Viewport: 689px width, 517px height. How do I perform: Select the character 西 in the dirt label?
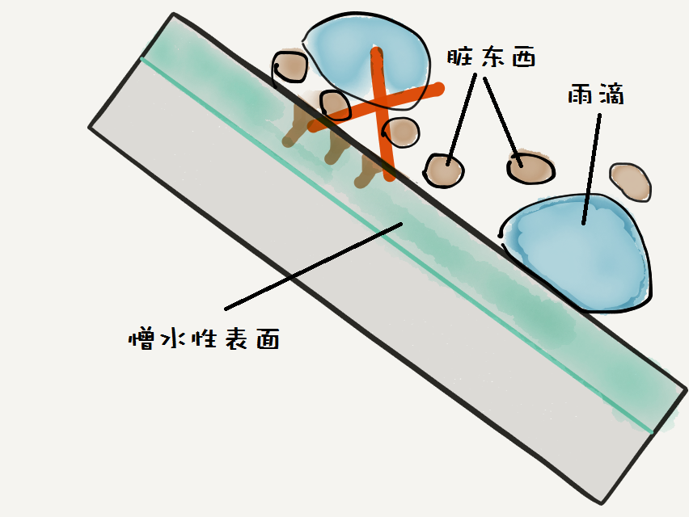[x=524, y=57]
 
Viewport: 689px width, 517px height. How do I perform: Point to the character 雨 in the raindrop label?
[x=580, y=95]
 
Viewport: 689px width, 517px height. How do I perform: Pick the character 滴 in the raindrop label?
[x=611, y=95]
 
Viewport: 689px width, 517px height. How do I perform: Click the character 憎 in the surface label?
[x=142, y=338]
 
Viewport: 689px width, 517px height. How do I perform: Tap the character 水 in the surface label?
[x=174, y=338]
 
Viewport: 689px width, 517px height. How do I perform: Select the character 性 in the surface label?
[x=205, y=338]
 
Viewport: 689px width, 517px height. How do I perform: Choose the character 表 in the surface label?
[x=237, y=339]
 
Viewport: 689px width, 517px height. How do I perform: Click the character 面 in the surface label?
[x=268, y=340]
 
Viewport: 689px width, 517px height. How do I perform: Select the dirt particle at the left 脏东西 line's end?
[x=444, y=170]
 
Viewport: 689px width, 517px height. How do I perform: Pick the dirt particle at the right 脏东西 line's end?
[x=530, y=168]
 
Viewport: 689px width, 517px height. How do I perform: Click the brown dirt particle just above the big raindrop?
[x=631, y=182]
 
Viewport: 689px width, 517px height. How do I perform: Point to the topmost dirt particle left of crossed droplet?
[x=290, y=67]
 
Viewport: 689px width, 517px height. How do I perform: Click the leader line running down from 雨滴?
[x=592, y=169]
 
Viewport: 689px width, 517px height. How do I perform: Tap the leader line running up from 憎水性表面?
[x=313, y=266]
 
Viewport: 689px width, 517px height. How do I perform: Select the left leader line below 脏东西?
[x=462, y=120]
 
